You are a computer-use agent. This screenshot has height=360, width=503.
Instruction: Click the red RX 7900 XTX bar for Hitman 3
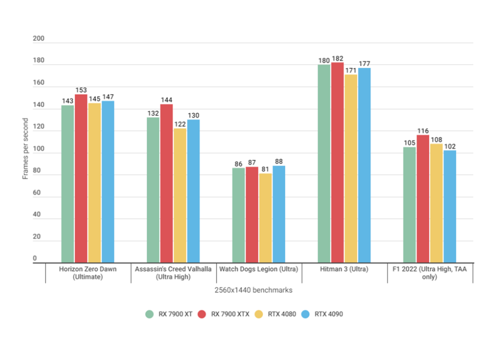click(x=337, y=162)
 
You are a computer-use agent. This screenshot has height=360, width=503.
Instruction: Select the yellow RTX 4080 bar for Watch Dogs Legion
click(x=265, y=218)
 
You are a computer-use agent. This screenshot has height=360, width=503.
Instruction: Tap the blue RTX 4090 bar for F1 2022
click(x=450, y=206)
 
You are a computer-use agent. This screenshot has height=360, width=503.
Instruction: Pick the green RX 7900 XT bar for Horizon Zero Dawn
click(x=67, y=183)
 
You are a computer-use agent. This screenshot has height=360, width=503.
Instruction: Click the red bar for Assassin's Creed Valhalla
click(x=166, y=183)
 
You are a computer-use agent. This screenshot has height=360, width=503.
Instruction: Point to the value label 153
click(x=81, y=91)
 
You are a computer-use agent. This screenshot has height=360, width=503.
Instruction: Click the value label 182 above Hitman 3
click(x=337, y=58)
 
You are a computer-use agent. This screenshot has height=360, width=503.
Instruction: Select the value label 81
click(x=265, y=169)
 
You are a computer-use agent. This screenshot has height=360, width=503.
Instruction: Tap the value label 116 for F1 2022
click(x=423, y=131)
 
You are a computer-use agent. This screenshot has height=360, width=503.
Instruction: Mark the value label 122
click(x=180, y=124)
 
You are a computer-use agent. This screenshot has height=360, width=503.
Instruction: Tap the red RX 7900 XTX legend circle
click(x=202, y=314)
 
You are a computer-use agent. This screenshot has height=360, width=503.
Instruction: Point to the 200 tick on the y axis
click(x=39, y=39)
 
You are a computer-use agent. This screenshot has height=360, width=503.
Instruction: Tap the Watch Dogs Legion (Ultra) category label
click(x=258, y=269)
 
